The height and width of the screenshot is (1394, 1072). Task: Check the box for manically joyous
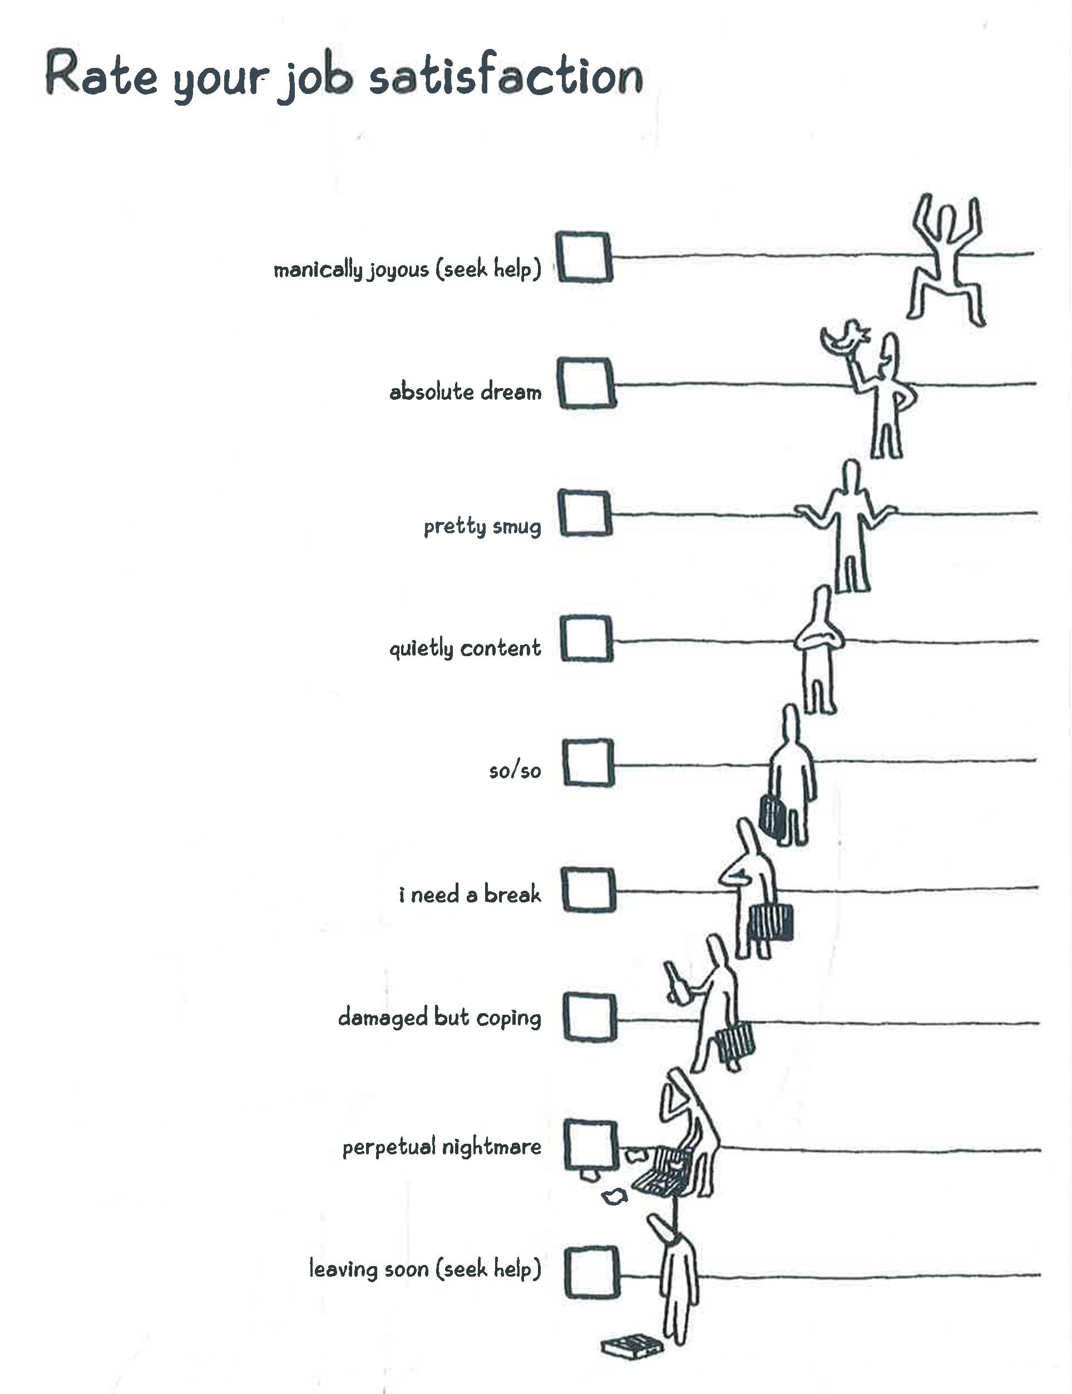point(585,257)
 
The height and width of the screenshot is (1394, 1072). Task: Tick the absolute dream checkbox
point(586,383)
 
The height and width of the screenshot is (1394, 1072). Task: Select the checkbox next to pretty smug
point(586,513)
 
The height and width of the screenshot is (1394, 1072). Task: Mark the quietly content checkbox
point(587,638)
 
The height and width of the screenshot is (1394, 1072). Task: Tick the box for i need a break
point(589,890)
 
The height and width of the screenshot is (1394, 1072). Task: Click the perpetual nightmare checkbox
point(591,1145)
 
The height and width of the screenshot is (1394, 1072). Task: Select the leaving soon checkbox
point(592,1272)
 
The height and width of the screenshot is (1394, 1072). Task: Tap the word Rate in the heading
point(101,75)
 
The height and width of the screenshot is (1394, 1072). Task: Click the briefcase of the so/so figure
point(773,816)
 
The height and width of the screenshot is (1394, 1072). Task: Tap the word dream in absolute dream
point(511,391)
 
